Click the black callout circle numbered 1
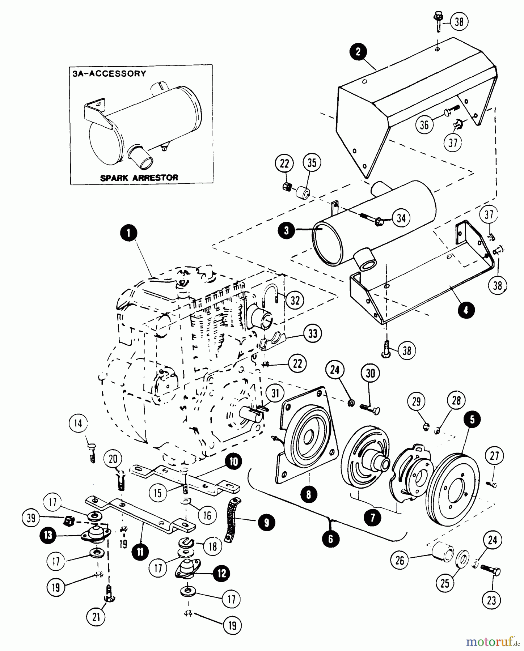click(129, 234)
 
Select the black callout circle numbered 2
click(358, 52)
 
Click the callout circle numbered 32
click(295, 300)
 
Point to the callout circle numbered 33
click(312, 333)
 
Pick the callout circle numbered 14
click(78, 424)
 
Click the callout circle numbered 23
click(491, 601)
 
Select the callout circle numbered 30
click(371, 373)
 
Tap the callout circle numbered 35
click(312, 163)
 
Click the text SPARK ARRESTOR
click(139, 178)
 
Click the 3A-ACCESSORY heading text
click(109, 73)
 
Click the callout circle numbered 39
click(31, 518)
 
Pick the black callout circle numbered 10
click(234, 462)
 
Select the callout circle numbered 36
click(424, 125)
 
